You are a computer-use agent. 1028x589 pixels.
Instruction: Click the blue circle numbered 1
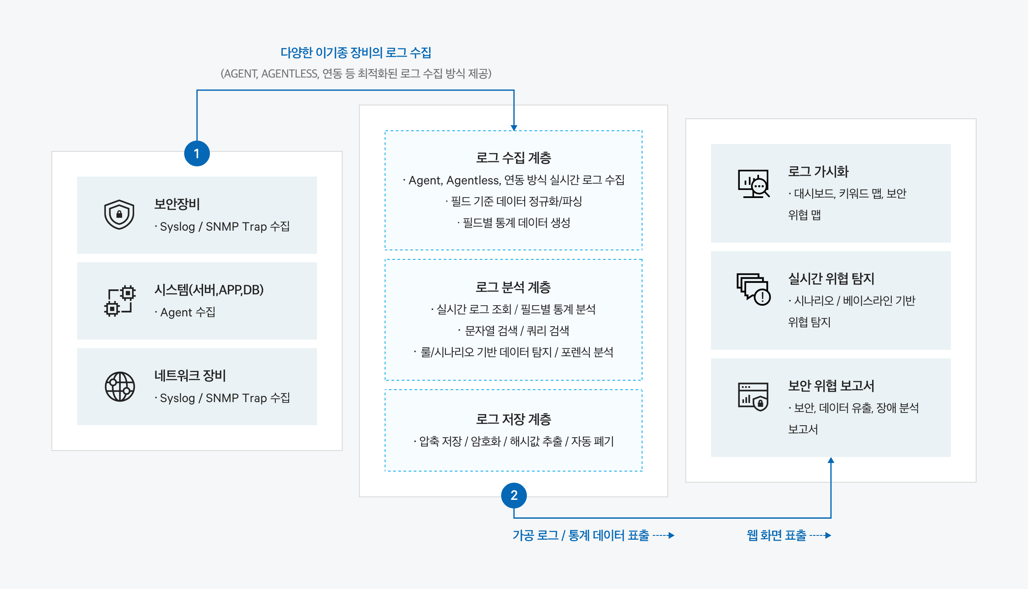(x=197, y=153)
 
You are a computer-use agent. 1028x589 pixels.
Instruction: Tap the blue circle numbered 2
(x=514, y=495)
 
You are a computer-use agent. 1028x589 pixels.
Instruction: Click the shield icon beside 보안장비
(x=119, y=214)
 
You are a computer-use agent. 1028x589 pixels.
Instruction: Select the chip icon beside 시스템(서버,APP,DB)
(x=120, y=301)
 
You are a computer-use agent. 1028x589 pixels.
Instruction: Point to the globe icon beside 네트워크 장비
(x=120, y=387)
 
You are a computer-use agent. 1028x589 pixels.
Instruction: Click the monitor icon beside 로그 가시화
(x=753, y=183)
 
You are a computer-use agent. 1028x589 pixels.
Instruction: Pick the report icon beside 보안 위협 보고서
(x=753, y=397)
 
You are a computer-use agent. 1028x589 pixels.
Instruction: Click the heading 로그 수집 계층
(x=514, y=158)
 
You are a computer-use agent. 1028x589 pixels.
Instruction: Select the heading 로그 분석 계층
(x=513, y=287)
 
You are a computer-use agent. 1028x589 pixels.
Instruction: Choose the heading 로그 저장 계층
(x=514, y=419)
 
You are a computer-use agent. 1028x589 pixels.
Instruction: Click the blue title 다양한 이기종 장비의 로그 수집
(x=356, y=52)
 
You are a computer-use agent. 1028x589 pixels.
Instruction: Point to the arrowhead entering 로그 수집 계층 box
(x=514, y=128)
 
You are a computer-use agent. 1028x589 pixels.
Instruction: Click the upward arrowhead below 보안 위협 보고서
(x=831, y=460)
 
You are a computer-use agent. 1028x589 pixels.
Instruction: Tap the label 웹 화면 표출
(x=777, y=535)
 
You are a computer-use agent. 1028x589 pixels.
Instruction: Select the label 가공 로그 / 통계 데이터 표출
(x=581, y=535)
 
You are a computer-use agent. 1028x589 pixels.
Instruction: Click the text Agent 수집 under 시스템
(x=188, y=312)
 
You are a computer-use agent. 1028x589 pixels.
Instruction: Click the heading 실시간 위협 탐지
(x=831, y=279)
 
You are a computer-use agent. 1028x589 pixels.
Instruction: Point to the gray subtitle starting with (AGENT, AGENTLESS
(x=356, y=74)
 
